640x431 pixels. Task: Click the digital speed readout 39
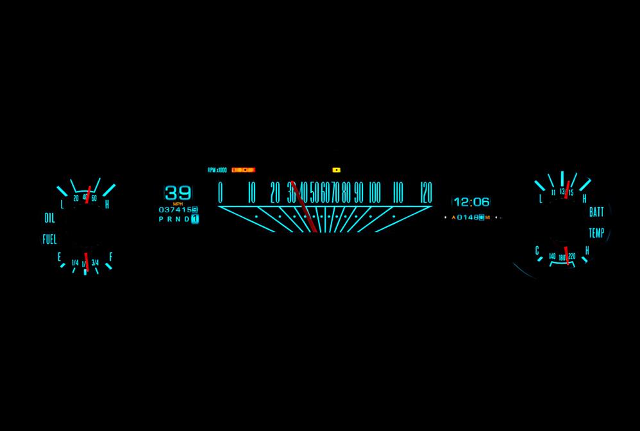178,192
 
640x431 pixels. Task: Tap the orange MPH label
178,204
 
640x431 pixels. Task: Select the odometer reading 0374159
178,210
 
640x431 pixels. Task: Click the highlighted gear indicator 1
195,219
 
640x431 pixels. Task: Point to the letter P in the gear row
161,219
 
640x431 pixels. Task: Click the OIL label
49,218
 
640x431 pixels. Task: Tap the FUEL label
49,239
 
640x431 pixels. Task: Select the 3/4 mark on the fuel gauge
96,262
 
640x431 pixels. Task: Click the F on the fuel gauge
110,257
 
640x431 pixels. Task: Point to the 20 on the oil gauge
76,198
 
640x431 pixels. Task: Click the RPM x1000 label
217,170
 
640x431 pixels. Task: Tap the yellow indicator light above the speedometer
336,170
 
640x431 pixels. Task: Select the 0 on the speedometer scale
221,192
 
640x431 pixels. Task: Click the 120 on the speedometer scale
425,192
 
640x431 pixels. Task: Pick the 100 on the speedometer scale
375,192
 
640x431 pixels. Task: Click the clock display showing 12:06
471,202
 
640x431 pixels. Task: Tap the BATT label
596,212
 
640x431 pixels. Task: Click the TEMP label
596,233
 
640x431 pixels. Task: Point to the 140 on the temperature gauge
552,257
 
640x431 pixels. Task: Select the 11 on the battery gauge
553,192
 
